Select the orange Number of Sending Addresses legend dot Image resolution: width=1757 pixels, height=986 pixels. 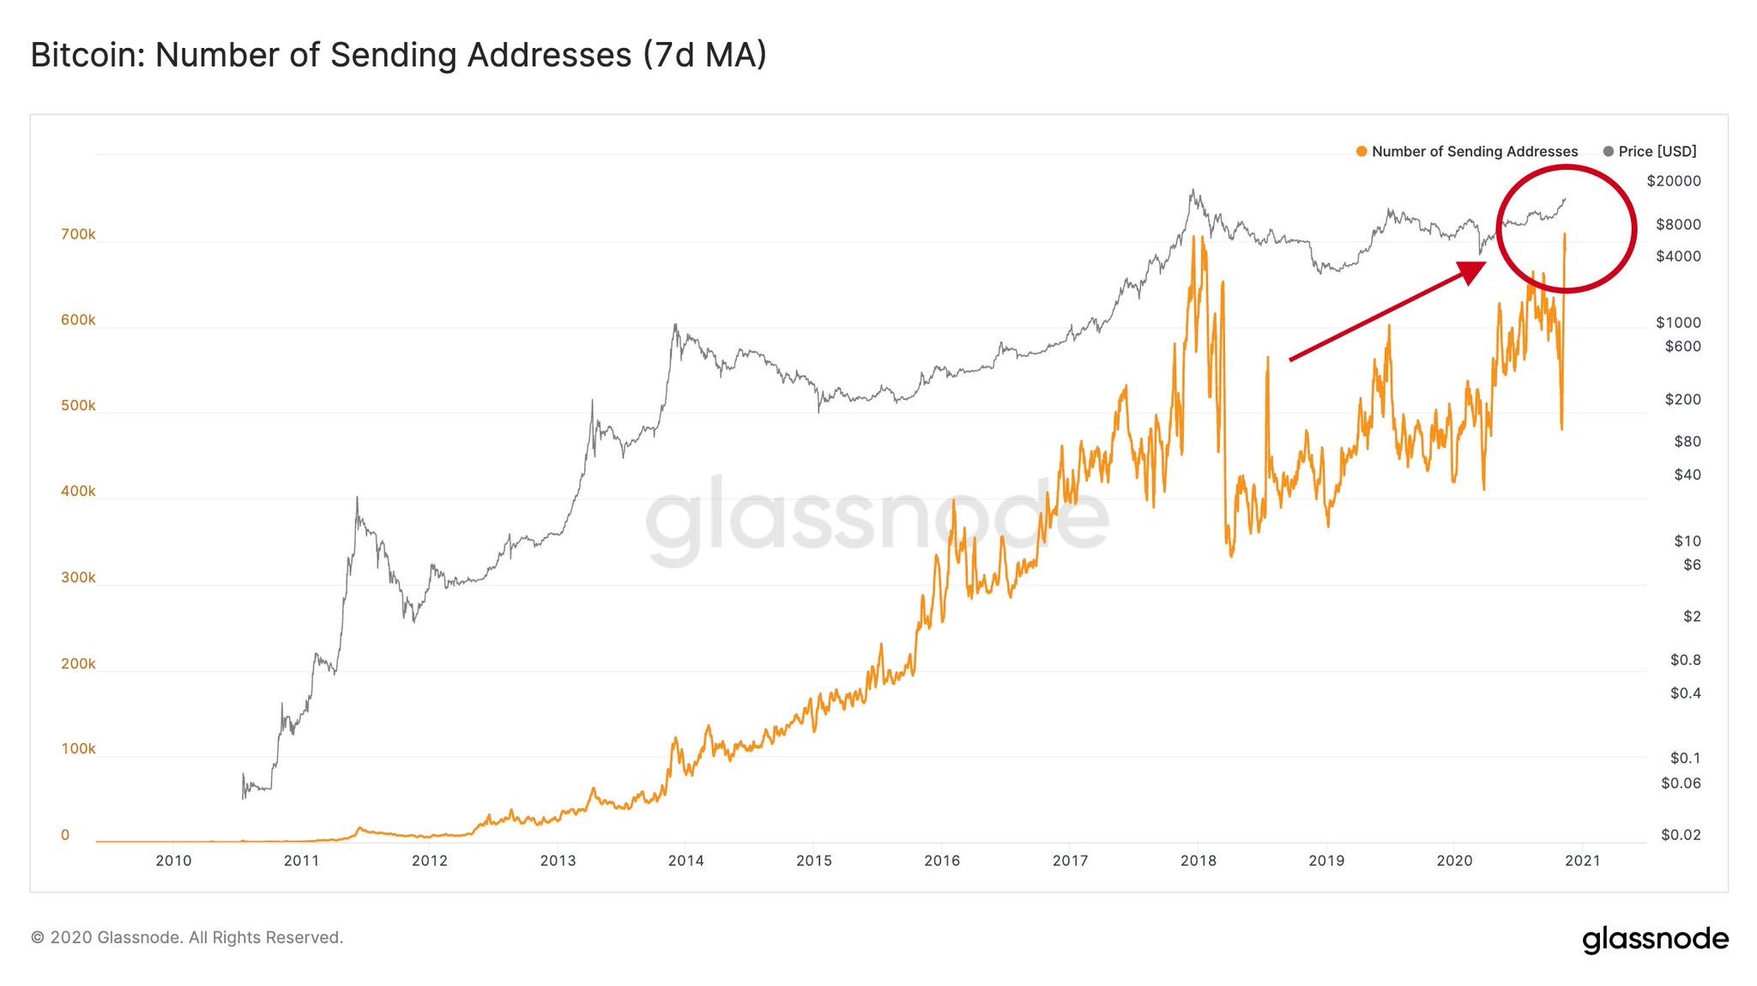click(1362, 152)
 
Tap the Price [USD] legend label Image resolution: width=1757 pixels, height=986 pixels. click(1657, 152)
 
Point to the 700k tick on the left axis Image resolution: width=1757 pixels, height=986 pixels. click(78, 234)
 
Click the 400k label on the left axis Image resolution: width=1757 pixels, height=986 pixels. click(78, 492)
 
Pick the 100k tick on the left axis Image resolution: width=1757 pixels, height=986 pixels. click(78, 749)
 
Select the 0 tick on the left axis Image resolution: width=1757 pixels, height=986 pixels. click(65, 835)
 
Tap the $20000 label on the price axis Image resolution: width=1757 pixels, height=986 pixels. click(1673, 181)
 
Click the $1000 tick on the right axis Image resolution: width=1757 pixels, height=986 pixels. click(1677, 323)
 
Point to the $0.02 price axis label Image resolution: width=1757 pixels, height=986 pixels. click(1680, 835)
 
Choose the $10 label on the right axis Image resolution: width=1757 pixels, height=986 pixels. click(1687, 541)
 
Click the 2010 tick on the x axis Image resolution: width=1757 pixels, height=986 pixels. click(173, 861)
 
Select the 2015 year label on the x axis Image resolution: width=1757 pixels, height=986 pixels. click(814, 861)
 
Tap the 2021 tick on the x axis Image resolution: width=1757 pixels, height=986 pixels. click(1583, 861)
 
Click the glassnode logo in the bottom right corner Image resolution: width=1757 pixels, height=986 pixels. click(1655, 939)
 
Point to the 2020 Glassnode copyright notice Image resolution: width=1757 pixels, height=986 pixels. click(187, 938)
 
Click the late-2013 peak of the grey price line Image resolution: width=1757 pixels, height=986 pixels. click(675, 325)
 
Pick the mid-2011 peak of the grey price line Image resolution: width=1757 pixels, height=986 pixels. click(357, 498)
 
